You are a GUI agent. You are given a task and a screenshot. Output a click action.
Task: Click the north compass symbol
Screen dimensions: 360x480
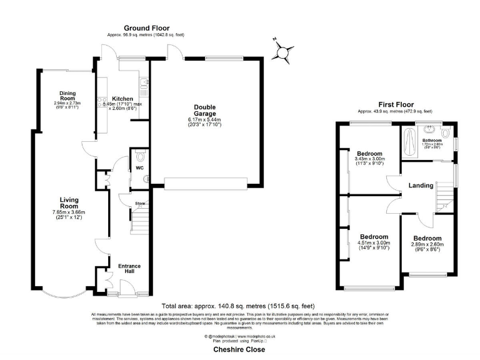pos(283,52)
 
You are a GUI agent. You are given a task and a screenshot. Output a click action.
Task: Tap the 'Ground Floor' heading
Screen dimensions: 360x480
pos(146,28)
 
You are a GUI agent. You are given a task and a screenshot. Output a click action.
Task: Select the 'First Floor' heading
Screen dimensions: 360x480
pos(397,104)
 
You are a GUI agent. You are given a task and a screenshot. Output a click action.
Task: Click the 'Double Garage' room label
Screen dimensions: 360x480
pos(204,110)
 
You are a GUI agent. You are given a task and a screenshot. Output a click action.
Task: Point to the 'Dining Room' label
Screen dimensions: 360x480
pos(68,96)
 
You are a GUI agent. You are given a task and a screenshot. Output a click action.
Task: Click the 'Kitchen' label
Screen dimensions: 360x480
pos(122,99)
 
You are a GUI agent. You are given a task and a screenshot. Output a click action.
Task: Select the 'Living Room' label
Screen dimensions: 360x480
pos(69,202)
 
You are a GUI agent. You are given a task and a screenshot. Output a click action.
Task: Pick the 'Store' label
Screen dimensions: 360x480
pos(140,203)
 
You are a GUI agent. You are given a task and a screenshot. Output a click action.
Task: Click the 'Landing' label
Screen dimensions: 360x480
pos(422,185)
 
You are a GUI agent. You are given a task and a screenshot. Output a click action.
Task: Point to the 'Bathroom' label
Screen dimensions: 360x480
pos(432,140)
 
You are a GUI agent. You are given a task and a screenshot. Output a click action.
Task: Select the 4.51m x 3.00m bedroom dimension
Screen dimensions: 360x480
pos(374,244)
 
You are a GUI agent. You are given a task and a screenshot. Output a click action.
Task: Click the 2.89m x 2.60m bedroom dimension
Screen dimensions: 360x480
pos(427,245)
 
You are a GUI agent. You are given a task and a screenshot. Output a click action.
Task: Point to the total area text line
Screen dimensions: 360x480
pos(238,306)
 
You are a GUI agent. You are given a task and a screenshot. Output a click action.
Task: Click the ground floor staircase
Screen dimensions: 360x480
pos(140,221)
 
